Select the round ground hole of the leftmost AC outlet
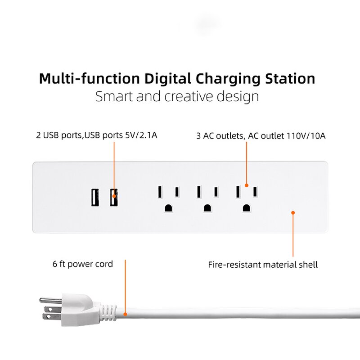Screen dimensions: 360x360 click(168, 208)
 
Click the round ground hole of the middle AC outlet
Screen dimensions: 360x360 click(207, 208)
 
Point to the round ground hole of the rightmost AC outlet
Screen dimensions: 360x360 click(246, 208)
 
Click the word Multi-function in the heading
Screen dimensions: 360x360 click(89, 78)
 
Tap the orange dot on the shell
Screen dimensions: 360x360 click(293, 213)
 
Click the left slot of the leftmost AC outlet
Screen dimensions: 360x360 click(159, 192)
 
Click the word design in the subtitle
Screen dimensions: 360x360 click(238, 96)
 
